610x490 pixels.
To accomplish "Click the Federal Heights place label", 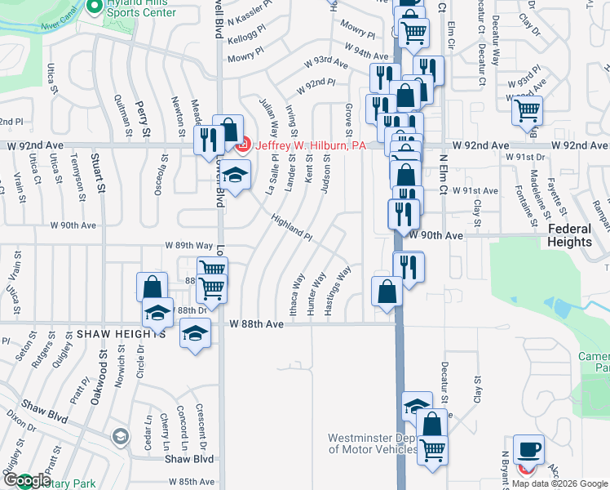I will (x=570, y=235).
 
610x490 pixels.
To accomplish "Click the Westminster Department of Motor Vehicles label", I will (x=374, y=443).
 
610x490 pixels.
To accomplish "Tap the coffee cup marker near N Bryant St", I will (x=528, y=448).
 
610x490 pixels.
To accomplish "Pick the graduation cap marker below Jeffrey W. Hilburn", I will (x=235, y=176).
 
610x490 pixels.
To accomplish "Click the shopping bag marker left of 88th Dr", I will (x=152, y=287).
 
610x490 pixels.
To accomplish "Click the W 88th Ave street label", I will (x=256, y=324).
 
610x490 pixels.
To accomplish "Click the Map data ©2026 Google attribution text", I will (x=559, y=483).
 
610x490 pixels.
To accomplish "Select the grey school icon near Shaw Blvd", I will (x=121, y=438).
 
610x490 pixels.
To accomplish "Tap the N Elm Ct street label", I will (x=444, y=176).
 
